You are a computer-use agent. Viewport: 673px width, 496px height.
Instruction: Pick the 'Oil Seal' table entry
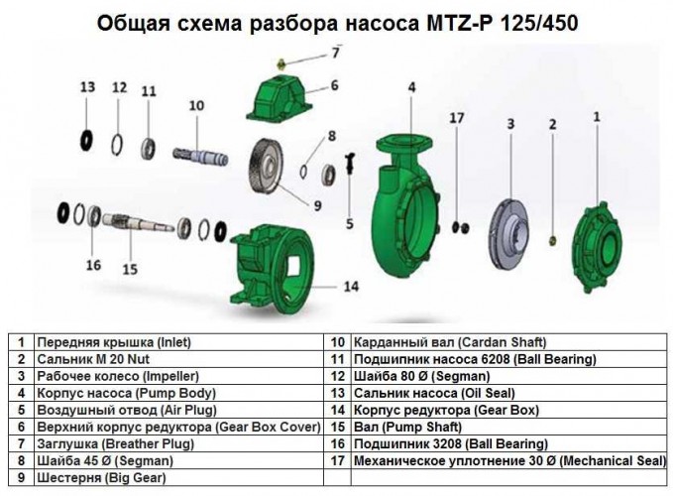[417, 393]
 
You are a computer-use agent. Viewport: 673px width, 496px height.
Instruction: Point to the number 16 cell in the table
[336, 443]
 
